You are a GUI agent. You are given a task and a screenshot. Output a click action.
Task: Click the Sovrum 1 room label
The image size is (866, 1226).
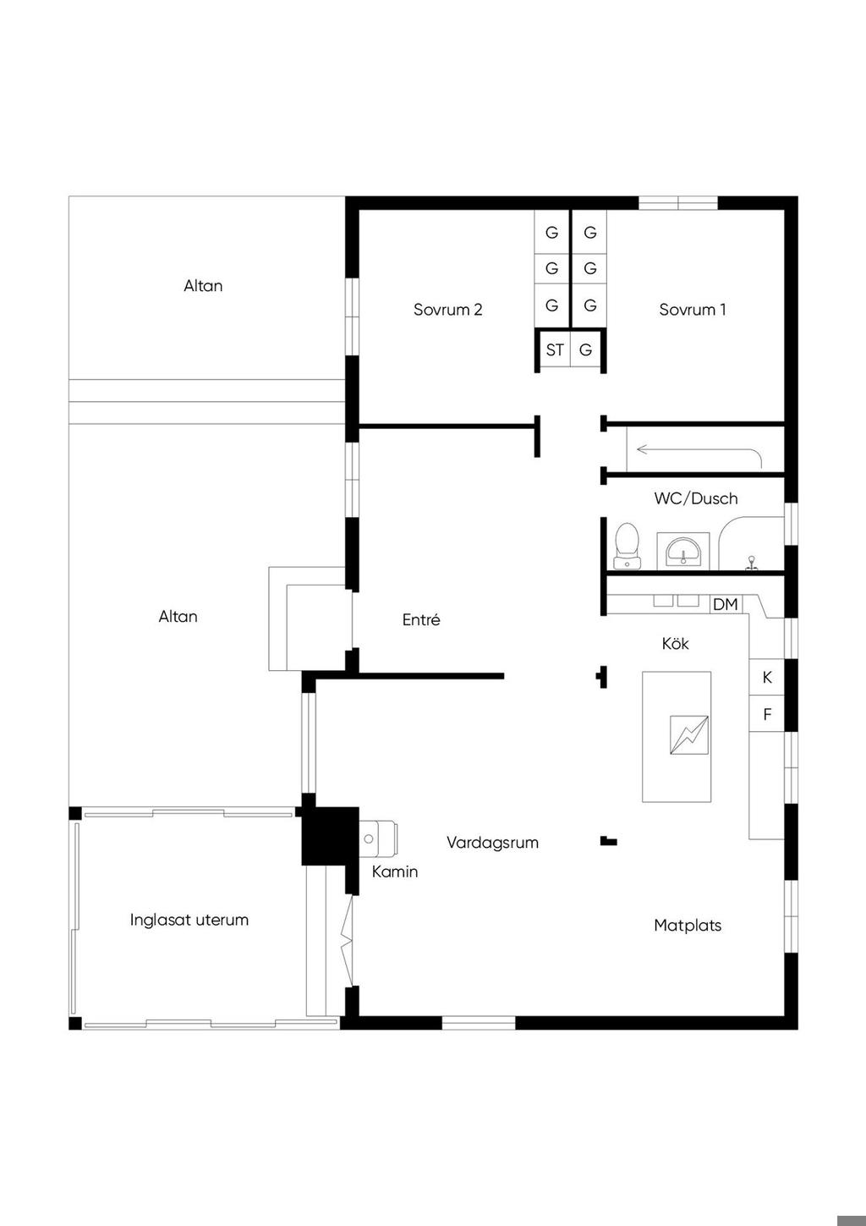[693, 310]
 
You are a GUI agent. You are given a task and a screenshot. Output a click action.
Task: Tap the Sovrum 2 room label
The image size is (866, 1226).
[447, 310]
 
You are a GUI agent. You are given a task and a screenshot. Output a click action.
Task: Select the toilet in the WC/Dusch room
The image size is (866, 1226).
[627, 545]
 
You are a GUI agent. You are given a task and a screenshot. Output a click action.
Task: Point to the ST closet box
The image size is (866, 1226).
[555, 349]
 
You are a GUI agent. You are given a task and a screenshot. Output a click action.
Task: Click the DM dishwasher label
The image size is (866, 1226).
[726, 605]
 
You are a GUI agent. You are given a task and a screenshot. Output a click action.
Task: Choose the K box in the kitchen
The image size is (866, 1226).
[767, 678]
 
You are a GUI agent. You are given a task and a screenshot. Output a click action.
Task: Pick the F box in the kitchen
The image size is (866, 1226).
[767, 714]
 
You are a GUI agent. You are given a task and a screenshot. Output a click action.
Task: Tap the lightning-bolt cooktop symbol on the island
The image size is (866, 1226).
[689, 735]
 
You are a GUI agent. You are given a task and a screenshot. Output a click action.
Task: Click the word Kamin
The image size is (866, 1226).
[395, 871]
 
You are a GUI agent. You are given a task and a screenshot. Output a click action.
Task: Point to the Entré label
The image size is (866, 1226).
[421, 619]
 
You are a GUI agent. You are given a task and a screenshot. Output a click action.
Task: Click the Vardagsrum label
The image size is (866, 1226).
[492, 843]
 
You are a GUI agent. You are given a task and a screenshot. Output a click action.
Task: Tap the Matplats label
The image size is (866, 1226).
[688, 926]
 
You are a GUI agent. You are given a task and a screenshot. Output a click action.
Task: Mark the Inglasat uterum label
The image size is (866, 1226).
[189, 920]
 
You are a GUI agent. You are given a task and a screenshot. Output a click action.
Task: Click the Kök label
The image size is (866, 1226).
[675, 643]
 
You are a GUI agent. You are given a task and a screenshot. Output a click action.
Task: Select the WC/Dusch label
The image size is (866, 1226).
[696, 498]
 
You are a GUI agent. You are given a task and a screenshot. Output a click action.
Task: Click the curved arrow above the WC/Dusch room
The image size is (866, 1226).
[699, 450]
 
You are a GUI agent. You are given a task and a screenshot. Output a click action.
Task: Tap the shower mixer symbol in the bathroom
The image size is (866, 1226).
[752, 564]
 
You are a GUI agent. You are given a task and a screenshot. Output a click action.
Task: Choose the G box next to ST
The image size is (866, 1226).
[585, 349]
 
